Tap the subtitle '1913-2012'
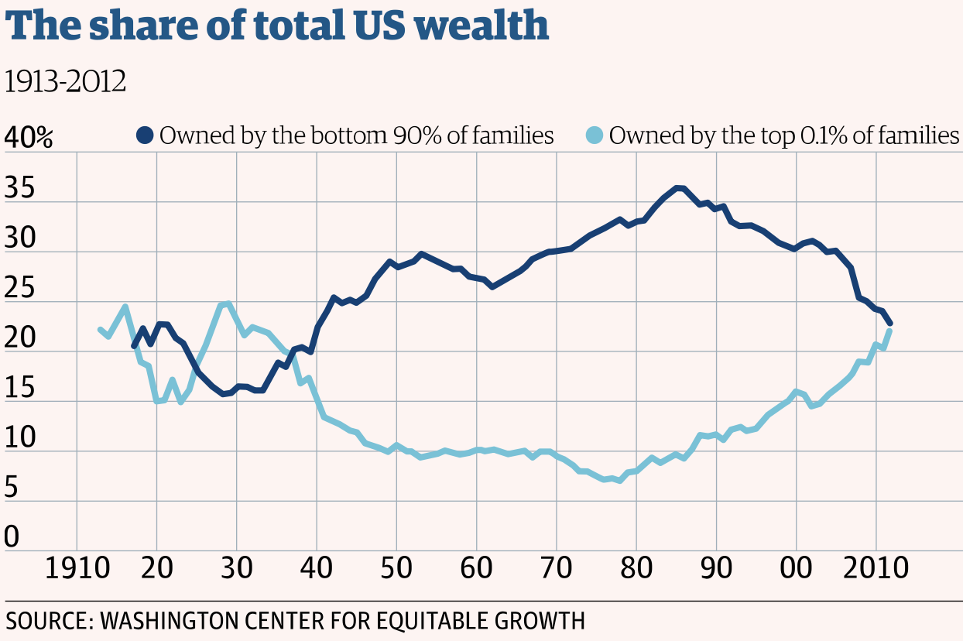point(65,81)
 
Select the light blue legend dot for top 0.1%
point(595,135)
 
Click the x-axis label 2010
point(876,571)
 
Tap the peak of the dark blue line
point(679,188)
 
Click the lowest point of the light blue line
point(619,481)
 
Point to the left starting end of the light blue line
point(101,329)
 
